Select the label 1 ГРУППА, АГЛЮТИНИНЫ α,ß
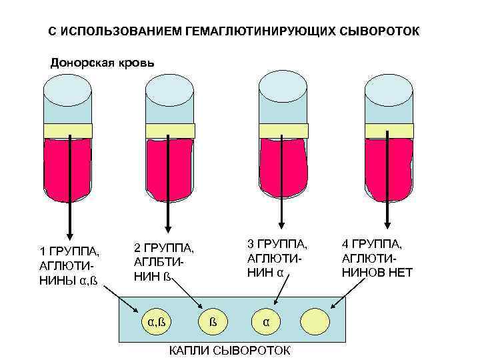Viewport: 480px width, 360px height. (70, 265)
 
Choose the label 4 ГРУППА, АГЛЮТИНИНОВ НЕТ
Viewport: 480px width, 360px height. (377, 257)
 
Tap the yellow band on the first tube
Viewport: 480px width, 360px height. (70, 131)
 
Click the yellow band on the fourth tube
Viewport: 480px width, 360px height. (387, 131)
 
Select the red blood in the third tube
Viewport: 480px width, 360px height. (282, 167)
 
